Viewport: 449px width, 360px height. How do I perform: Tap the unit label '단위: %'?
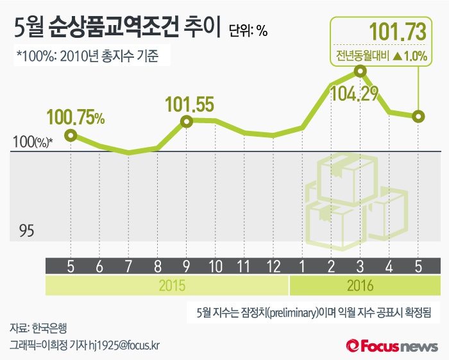pos(248,30)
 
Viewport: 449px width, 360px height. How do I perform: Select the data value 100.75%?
pos(76,117)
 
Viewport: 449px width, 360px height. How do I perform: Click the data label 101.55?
pos(189,104)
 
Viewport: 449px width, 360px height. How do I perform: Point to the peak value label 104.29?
pos(353,95)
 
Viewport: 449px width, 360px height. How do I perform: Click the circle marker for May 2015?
pos(71,135)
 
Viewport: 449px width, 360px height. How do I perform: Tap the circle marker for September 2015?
pos(187,121)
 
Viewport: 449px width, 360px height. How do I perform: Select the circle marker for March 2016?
pos(360,72)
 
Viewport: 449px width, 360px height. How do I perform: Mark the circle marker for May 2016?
pos(418,117)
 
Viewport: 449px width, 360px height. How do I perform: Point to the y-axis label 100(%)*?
pos(31,142)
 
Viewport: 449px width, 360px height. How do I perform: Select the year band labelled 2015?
pos(167,285)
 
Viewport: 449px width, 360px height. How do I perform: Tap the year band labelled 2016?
pos(364,285)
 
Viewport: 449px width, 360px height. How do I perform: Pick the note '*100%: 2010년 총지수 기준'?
pos(90,56)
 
